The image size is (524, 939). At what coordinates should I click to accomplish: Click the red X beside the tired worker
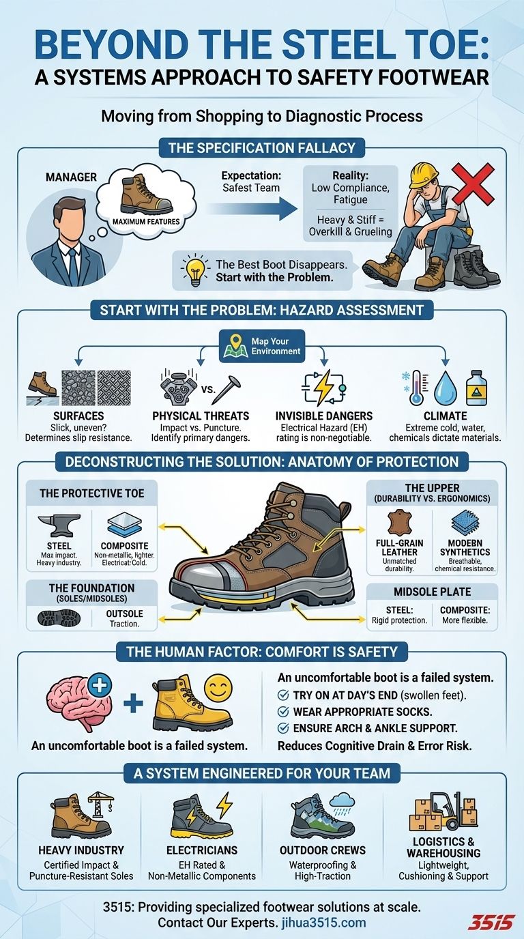click(473, 183)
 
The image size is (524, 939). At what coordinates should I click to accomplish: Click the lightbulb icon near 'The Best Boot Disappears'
click(195, 270)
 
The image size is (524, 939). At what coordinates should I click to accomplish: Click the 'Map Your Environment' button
click(262, 346)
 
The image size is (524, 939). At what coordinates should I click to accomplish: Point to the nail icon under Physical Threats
click(229, 388)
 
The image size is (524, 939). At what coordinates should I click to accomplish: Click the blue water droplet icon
click(445, 389)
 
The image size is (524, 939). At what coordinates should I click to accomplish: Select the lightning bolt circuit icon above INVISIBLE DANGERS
click(323, 388)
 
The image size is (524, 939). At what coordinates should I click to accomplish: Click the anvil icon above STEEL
click(59, 525)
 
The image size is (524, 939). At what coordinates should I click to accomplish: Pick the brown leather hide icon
click(400, 522)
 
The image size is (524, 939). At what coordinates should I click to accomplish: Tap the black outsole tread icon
click(59, 618)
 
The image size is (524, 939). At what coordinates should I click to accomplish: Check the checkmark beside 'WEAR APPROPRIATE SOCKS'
click(283, 712)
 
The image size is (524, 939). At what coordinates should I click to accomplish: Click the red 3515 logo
click(491, 923)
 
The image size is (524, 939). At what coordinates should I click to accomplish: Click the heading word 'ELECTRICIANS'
click(202, 850)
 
